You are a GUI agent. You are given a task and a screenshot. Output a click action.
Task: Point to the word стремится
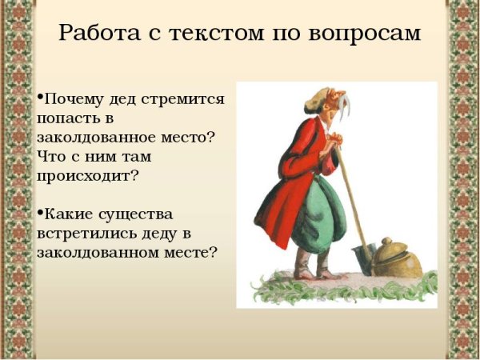185,100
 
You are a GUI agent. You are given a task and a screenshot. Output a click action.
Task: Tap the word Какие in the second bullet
67,214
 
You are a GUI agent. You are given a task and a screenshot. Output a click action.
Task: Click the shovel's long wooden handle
349,192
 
